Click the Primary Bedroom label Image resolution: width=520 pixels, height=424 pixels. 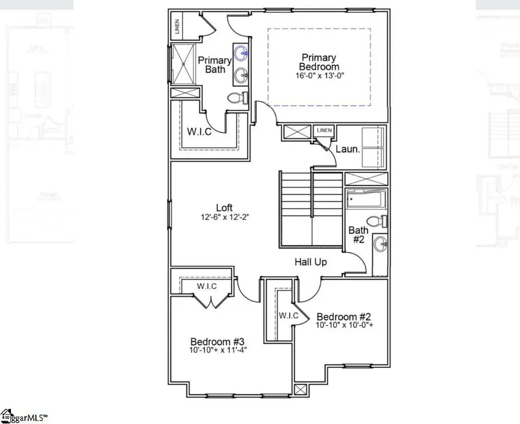tap(318, 62)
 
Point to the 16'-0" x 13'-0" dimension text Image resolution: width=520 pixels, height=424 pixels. tap(318, 76)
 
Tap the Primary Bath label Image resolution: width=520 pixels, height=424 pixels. tap(214, 65)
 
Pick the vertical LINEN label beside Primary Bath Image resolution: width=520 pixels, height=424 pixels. tap(177, 27)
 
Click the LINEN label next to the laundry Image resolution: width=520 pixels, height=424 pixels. tap(324, 131)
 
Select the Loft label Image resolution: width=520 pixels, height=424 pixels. tap(225, 207)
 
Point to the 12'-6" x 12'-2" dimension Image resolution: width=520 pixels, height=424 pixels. tap(225, 218)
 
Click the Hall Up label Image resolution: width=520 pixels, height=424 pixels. tap(311, 262)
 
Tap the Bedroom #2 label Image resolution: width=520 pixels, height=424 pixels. tap(343, 317)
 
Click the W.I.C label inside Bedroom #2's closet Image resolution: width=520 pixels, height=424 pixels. tap(288, 315)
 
